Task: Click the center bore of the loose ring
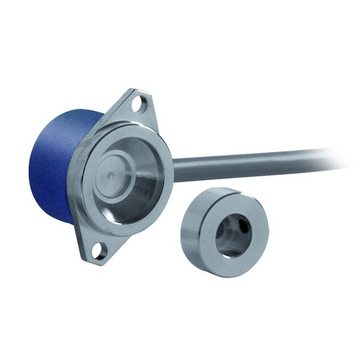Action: [x=232, y=235]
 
